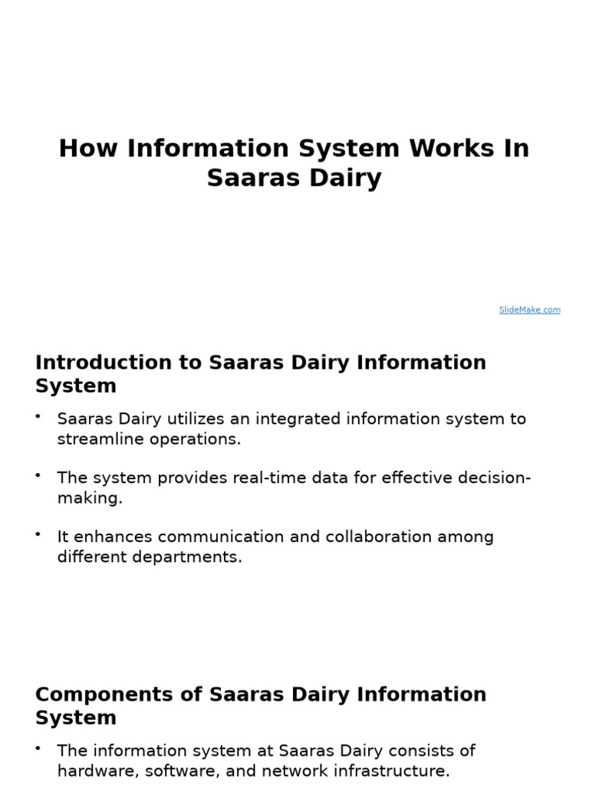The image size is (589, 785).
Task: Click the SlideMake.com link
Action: (x=529, y=310)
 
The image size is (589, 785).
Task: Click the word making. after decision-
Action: (x=89, y=498)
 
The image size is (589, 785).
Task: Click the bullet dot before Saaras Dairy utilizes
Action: (x=38, y=416)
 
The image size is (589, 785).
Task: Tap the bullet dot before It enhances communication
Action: (x=38, y=534)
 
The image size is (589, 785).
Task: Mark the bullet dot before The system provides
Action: (x=38, y=475)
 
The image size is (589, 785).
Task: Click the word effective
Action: (x=430, y=478)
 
